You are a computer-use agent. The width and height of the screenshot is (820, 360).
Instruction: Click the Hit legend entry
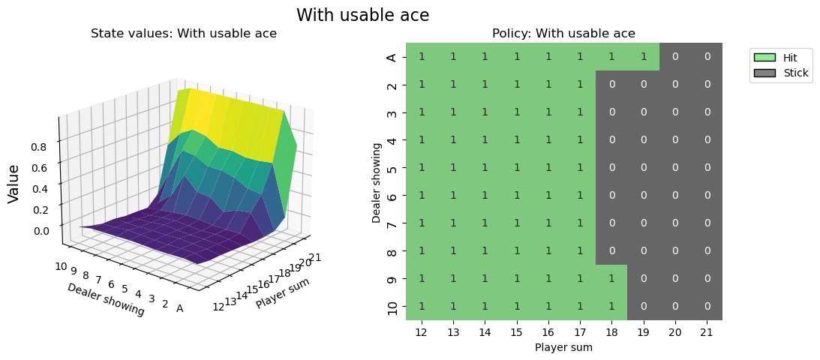[780, 58]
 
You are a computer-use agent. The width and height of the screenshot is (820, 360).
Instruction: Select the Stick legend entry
[780, 73]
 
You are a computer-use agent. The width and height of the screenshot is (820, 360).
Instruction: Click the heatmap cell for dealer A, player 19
[644, 57]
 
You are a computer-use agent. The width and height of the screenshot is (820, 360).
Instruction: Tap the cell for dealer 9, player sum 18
[611, 278]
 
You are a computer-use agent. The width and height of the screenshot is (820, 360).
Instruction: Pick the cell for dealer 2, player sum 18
[611, 85]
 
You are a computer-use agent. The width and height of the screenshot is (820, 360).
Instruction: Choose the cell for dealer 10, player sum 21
[707, 306]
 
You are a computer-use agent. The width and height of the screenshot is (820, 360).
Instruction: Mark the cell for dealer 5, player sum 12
[422, 167]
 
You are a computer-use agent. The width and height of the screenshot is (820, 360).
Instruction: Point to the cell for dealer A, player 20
[675, 57]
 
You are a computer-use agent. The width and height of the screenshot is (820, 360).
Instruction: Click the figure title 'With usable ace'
[362, 15]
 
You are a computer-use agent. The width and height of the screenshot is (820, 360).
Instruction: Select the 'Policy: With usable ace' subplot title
[563, 33]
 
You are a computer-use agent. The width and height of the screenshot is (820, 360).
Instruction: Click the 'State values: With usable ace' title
[184, 33]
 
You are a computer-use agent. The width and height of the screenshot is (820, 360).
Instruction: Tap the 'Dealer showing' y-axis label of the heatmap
[377, 181]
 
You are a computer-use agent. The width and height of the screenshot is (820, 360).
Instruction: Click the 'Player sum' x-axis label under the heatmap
[563, 347]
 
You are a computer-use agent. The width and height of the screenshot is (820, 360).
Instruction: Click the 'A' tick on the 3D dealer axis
[179, 308]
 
